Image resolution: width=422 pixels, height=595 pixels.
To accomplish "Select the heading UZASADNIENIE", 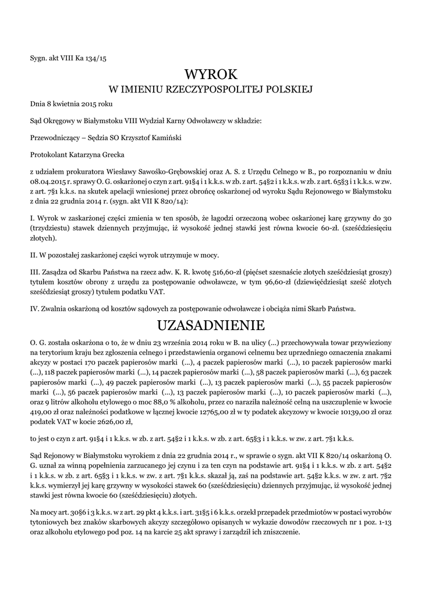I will coord(211,324).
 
